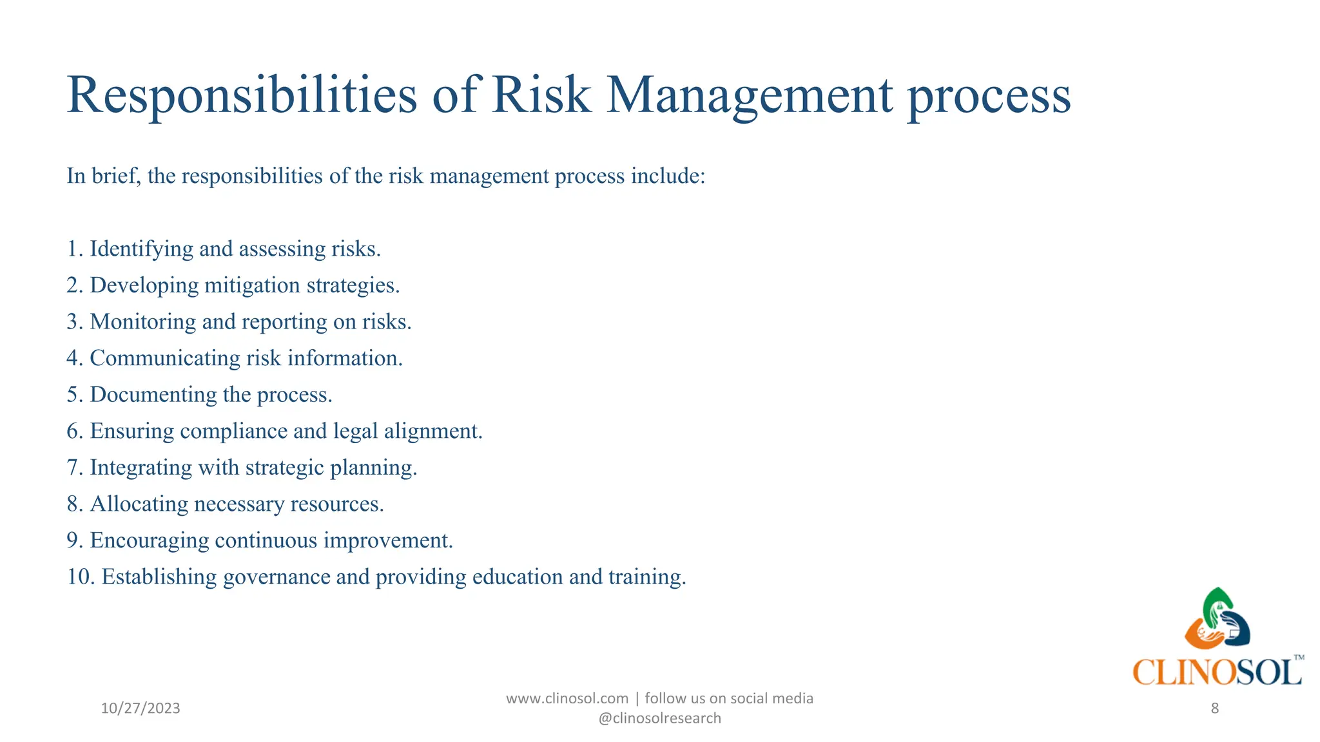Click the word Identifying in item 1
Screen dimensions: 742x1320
click(141, 249)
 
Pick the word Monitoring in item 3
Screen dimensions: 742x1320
click(142, 321)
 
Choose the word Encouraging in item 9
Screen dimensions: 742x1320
click(149, 540)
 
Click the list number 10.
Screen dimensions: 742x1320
click(80, 576)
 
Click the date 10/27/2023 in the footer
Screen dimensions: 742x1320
click(141, 709)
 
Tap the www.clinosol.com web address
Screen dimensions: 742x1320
click(567, 699)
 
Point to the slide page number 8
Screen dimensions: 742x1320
click(1214, 709)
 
